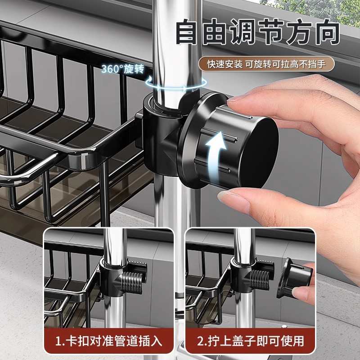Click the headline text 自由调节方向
256,32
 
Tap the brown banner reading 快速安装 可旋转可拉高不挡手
267,64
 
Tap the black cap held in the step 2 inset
295,279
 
